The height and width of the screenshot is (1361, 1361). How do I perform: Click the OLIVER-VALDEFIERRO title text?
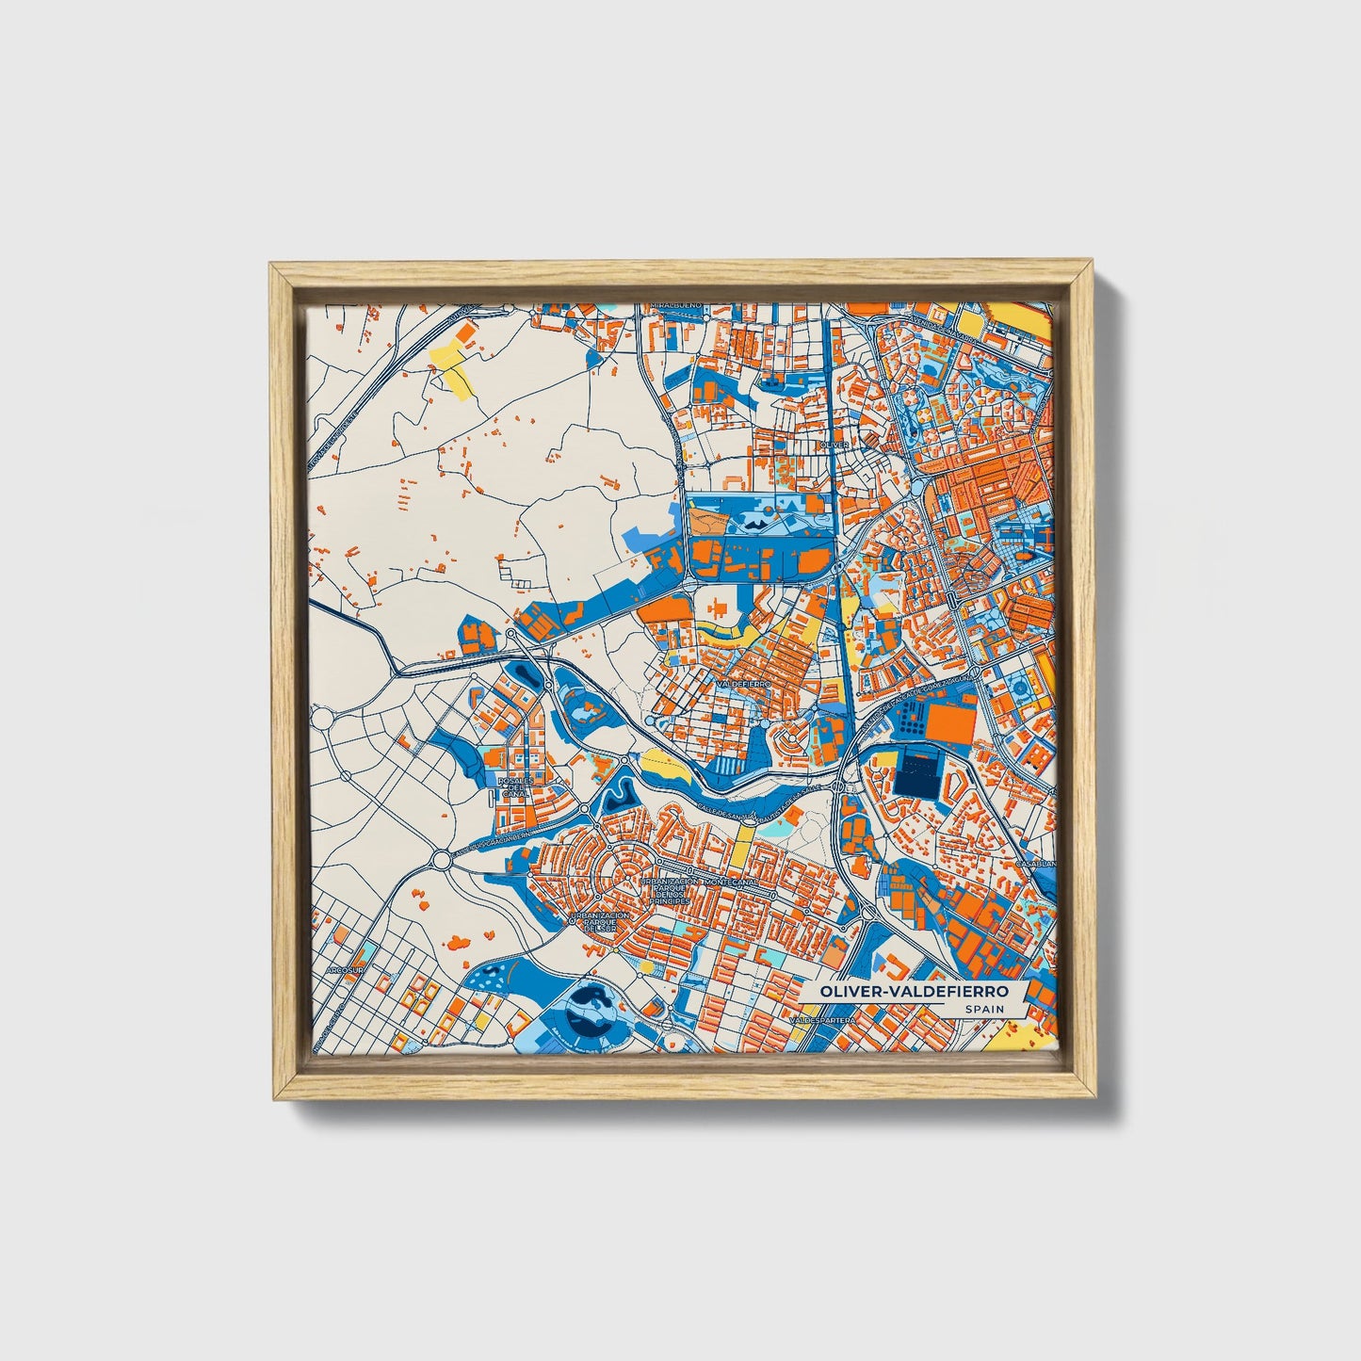(913, 992)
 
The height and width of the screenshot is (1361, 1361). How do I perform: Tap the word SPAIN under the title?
(983, 1009)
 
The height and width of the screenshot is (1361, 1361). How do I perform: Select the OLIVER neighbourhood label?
(835, 444)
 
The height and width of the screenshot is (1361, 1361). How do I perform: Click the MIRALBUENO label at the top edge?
(675, 307)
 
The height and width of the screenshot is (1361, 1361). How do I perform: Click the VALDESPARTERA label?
(826, 1020)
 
